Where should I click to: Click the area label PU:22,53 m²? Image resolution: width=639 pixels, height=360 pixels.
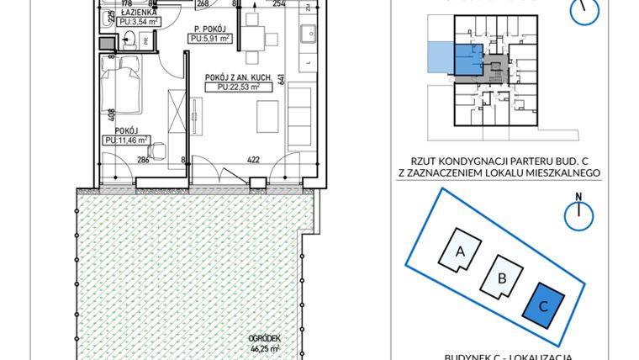[237, 86]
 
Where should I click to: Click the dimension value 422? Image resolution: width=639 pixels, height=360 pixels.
[251, 158]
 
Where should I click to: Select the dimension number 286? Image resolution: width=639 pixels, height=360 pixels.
[143, 158]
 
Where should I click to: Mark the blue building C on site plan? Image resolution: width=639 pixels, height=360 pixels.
[543, 305]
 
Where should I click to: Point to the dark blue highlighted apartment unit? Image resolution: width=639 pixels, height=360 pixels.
[467, 61]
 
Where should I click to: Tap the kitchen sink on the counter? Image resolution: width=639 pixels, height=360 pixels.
[306, 34]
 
